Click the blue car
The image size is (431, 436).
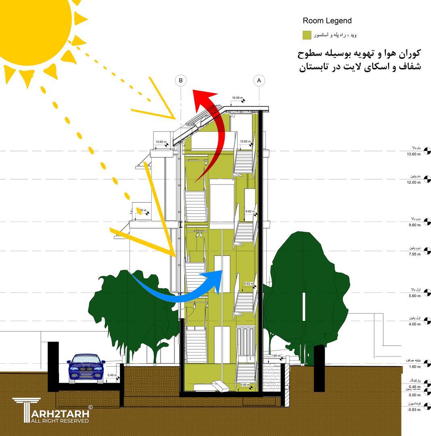pyautogui.click(x=86, y=368)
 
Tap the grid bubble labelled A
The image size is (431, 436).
pyautogui.click(x=259, y=80)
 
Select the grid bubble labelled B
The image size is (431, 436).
pyautogui.click(x=181, y=80)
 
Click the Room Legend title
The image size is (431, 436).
pyautogui.click(x=327, y=21)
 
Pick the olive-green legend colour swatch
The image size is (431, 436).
pyautogui.click(x=307, y=35)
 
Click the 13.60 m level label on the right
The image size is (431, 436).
pyautogui.click(x=414, y=154)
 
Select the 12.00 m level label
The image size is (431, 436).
pyautogui.click(x=414, y=182)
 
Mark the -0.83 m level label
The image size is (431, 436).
pyautogui.click(x=414, y=409)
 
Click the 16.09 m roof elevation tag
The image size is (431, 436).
pyautogui.click(x=237, y=98)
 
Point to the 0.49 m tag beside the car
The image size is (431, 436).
pyautogui.click(x=112, y=375)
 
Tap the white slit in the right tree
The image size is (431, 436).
pyautogui.click(x=304, y=301)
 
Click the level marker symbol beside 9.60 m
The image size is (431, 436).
pyautogui.click(x=427, y=222)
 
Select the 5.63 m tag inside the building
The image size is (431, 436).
pyautogui.click(x=249, y=284)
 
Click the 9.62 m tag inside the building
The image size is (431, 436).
pyautogui.click(x=251, y=211)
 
